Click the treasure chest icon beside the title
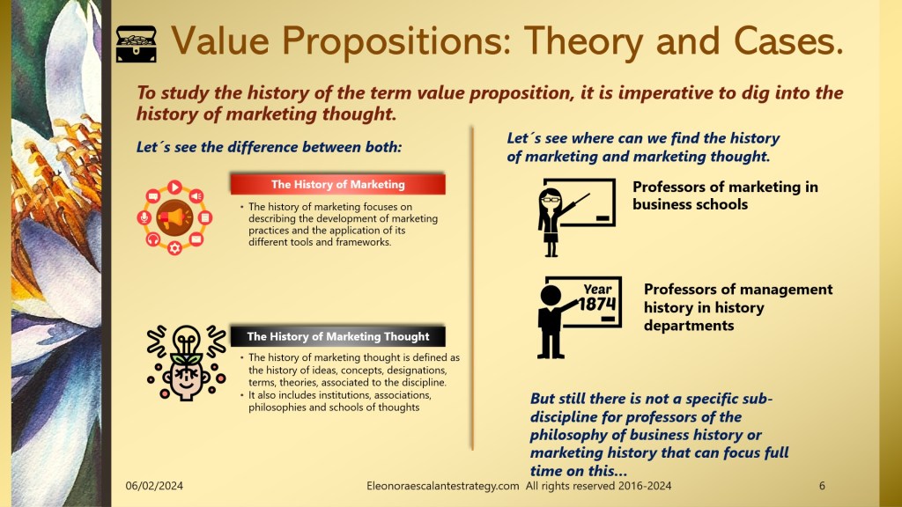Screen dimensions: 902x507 tap(137, 44)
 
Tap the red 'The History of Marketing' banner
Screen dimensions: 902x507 tap(337, 185)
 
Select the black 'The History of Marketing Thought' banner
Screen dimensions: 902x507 tap(337, 336)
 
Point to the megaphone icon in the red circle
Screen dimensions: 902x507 tap(174, 218)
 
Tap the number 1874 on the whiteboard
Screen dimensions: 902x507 tap(597, 303)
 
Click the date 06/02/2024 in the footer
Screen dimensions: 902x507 tap(154, 486)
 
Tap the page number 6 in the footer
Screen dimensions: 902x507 tap(822, 486)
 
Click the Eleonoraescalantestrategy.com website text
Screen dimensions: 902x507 tap(442, 486)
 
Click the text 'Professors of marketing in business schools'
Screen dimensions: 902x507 tap(725, 195)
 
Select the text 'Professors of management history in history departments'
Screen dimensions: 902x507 tap(738, 307)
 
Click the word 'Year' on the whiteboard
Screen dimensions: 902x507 tap(598, 289)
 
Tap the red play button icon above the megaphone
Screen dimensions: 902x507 tap(174, 187)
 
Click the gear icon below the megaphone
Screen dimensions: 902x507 tap(175, 248)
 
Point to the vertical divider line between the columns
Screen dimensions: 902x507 tap(472, 288)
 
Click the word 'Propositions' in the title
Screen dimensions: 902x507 tap(396, 42)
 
